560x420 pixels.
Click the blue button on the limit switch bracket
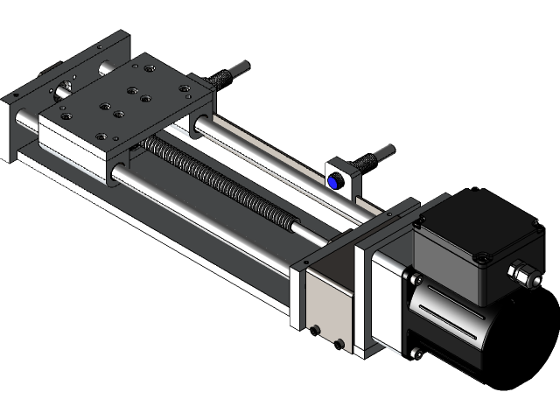click(335, 182)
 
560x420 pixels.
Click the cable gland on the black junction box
click(524, 275)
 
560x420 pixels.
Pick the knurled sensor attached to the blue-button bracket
click(371, 158)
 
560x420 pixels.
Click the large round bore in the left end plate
click(64, 87)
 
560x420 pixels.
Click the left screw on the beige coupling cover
click(315, 330)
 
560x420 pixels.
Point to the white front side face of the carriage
click(74, 145)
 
